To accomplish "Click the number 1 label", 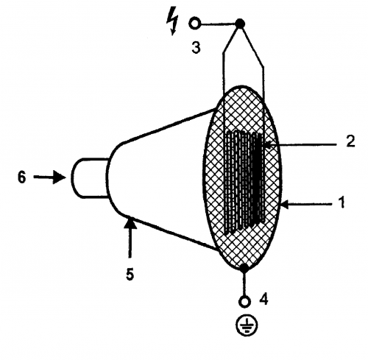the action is [342, 202].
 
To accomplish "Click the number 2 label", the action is [350, 141].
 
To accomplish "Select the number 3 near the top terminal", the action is [196, 47].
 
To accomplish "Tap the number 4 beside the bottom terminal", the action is [264, 299].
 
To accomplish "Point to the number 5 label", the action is [130, 274].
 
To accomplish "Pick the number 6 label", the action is [21, 177].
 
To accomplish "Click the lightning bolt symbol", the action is [172, 23].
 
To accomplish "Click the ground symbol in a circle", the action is [247, 325].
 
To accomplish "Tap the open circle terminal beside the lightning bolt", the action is [195, 24].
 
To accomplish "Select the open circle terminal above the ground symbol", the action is [244, 301].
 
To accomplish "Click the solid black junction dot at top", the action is [240, 24].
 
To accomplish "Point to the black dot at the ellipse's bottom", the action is [244, 268].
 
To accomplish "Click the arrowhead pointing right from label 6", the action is [60, 177].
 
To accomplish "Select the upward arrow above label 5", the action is [130, 238].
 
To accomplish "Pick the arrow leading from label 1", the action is [308, 203].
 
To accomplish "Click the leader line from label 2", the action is [302, 145].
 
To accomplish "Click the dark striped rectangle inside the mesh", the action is [244, 182].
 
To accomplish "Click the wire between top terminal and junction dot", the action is [218, 24].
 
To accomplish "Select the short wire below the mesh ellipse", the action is [244, 284].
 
